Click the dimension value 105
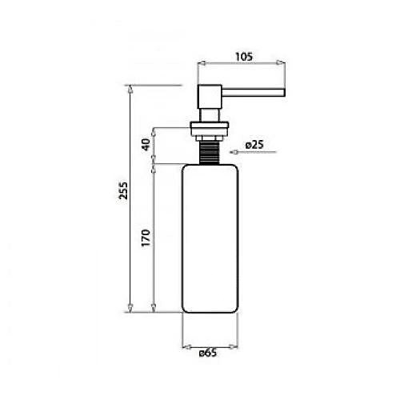point(244,57)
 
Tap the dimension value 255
point(123,190)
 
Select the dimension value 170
point(146,238)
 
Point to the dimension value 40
point(146,145)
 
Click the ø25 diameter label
point(254,145)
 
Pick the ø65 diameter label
point(208,353)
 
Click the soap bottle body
point(210,238)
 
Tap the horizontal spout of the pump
point(254,92)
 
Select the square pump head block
point(210,97)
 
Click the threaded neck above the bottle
point(210,153)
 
